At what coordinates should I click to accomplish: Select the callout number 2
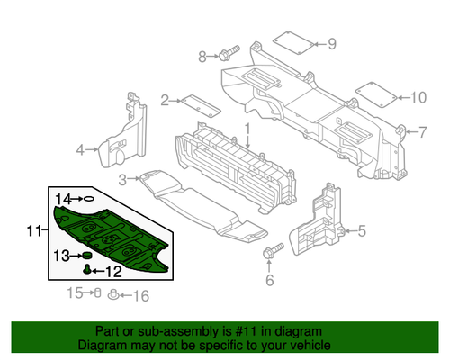[x=166, y=100]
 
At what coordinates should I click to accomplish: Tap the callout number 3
[x=123, y=180]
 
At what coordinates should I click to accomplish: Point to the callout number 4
[x=80, y=148]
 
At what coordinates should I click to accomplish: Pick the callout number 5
[x=362, y=231]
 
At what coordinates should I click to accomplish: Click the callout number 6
[x=268, y=279]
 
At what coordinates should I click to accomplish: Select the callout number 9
[x=331, y=42]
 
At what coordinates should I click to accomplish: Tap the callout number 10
[x=418, y=96]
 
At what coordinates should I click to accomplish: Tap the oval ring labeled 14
[x=90, y=197]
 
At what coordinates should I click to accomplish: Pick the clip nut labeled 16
[x=114, y=293]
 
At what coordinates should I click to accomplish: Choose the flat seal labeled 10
[x=373, y=93]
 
